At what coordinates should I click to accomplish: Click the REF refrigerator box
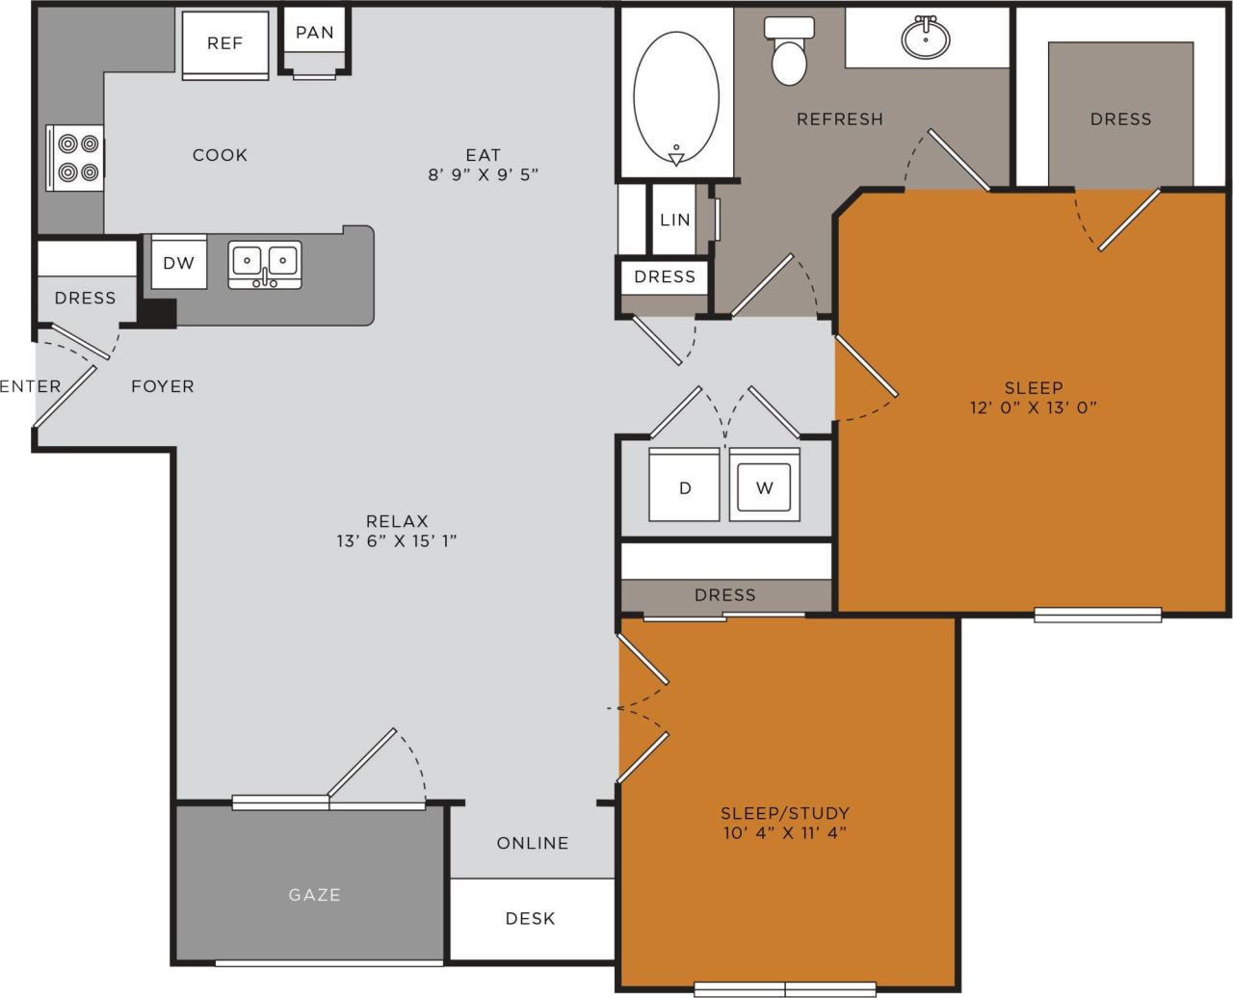224,43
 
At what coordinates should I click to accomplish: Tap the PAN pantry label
314,33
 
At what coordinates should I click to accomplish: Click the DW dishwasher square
178,262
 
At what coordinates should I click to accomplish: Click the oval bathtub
675,96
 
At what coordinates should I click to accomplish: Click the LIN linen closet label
675,220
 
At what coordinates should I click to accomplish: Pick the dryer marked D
685,486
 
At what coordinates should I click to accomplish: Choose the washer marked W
764,486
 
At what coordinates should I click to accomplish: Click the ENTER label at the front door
30,386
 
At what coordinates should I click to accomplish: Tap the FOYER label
163,386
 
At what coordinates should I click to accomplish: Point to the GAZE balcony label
314,895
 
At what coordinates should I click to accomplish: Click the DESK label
530,918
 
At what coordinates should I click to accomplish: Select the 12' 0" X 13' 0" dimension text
1034,407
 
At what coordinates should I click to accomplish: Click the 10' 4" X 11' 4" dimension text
785,833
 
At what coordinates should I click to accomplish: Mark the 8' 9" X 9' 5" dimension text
483,175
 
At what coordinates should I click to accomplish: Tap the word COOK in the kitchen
220,155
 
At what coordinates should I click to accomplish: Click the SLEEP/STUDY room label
785,812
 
